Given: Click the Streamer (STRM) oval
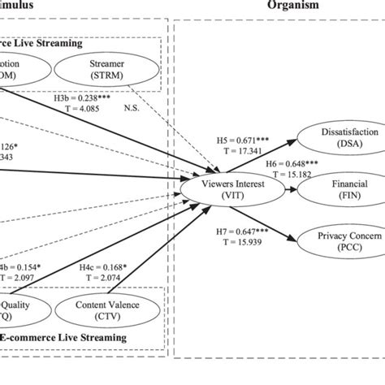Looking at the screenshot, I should click(x=114, y=67).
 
